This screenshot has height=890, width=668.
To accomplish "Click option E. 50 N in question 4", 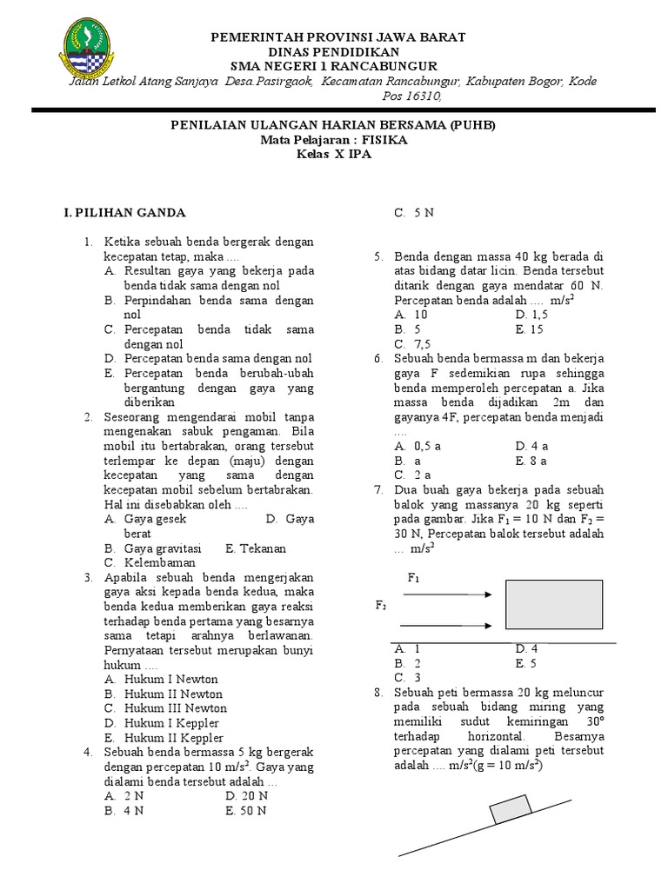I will tap(247, 811).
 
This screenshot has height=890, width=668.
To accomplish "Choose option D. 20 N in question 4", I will tap(247, 796).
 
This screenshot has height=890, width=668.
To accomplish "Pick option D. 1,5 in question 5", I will tap(531, 315).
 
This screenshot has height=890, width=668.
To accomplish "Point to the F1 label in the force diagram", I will tap(414, 578).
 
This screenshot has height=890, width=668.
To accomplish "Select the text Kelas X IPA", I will tap(334, 154).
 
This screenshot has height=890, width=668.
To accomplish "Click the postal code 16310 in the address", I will tap(422, 96).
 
